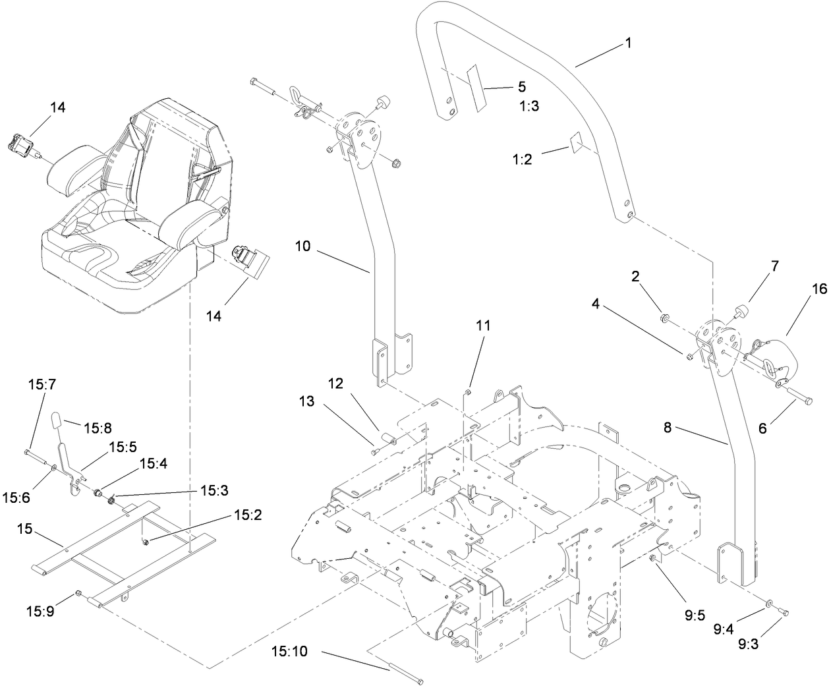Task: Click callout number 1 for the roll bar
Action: coord(627,43)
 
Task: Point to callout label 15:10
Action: coord(289,652)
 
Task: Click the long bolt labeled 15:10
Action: coord(409,675)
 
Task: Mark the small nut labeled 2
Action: coord(664,319)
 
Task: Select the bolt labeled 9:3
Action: coord(784,614)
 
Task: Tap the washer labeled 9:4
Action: coord(769,603)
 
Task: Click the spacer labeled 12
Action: coord(387,440)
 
